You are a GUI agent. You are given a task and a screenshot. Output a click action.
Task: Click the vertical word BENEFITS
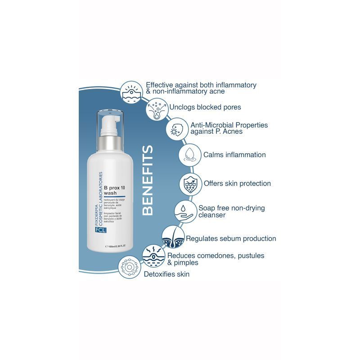(148, 180)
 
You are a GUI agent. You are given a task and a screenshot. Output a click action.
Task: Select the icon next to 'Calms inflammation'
(189, 155)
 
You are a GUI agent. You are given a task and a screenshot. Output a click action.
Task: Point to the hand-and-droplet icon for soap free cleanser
(185, 211)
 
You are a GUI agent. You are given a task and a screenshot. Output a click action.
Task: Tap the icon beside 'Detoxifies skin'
(130, 268)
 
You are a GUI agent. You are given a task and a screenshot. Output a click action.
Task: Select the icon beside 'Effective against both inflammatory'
(133, 90)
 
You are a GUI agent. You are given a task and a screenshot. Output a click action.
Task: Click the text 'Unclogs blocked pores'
(205, 108)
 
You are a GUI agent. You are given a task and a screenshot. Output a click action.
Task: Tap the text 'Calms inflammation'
(234, 155)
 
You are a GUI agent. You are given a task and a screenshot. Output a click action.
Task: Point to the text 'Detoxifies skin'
(166, 274)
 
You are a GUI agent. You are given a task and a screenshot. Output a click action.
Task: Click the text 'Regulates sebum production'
(231, 238)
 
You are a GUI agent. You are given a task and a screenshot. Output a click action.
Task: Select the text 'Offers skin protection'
(237, 184)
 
